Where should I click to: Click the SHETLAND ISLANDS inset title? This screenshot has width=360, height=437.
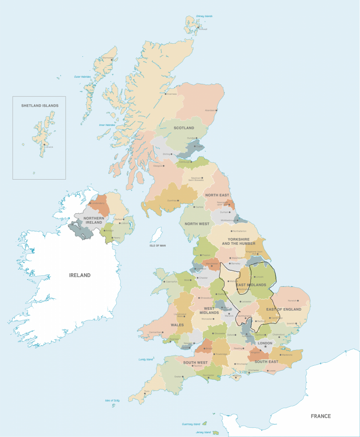tap(40, 105)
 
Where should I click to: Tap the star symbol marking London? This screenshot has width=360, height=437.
tap(265, 347)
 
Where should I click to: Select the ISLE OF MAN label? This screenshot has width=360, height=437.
tap(157, 246)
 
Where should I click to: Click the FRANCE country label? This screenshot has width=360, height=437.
tap(321, 416)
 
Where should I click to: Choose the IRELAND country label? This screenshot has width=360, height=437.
tap(80, 275)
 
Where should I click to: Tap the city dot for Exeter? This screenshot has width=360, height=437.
tap(183, 376)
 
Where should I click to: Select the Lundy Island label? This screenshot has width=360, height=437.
tap(146, 359)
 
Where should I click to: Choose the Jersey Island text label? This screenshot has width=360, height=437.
tap(203, 432)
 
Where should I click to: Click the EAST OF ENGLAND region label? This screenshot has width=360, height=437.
tap(284, 309)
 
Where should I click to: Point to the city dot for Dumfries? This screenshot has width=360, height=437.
tap(178, 201)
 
